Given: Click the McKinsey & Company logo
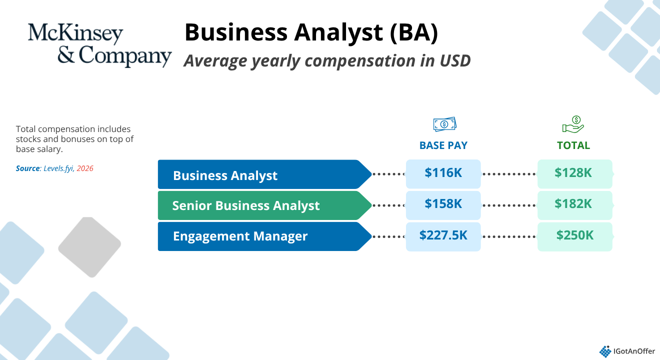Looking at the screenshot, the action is coord(99,45).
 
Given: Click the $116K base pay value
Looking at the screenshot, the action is coord(443,172).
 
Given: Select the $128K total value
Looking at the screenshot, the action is coord(573,172).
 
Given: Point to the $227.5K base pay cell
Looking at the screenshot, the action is coord(443,236).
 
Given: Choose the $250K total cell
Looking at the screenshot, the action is coord(575,236).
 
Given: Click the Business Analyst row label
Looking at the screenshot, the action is coord(225,175).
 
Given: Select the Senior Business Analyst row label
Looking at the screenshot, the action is coord(245,205).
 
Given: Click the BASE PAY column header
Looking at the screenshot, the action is coord(443,145).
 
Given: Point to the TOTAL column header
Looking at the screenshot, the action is coord(573,145).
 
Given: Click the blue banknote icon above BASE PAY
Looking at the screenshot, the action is coord(444,124).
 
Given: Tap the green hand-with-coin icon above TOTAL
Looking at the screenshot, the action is coord(573,124).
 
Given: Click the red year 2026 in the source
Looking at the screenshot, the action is coord(85,168).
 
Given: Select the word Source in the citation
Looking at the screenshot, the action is coord(27,168).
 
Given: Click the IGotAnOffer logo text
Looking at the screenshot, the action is coord(634,351).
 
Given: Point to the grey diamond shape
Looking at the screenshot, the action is coord(89,247).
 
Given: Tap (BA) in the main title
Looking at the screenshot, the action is coord(413,32).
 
